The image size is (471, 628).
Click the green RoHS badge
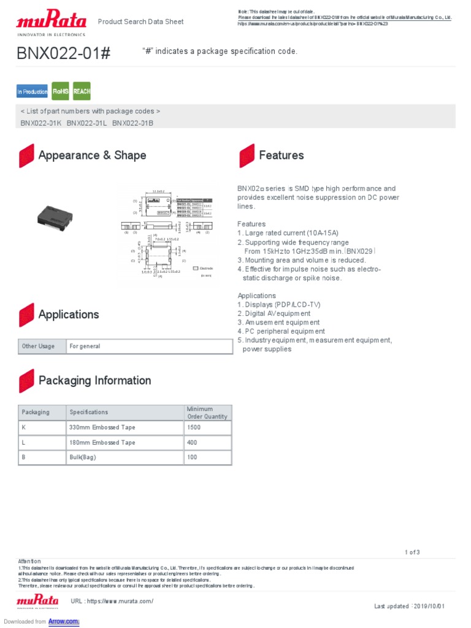(x=60, y=91)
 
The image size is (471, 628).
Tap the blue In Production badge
(x=32, y=91)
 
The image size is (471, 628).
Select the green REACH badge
(x=82, y=91)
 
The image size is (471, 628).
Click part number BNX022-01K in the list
(x=41, y=123)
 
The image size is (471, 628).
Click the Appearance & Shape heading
(x=92, y=155)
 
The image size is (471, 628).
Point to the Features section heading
(x=281, y=155)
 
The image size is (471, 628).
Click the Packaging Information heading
(x=94, y=380)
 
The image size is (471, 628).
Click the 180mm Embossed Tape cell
(x=102, y=442)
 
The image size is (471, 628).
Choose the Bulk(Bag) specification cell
(x=83, y=458)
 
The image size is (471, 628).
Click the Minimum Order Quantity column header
(x=207, y=413)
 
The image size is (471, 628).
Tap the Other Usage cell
(x=38, y=347)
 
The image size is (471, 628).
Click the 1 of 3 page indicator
(x=412, y=552)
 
